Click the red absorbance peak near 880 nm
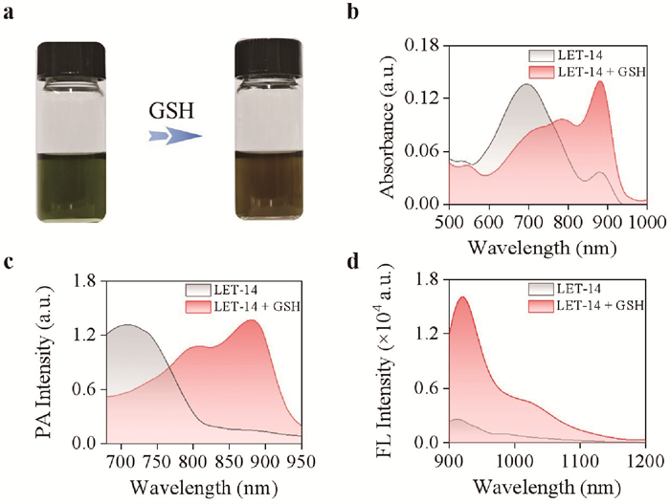600,81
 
